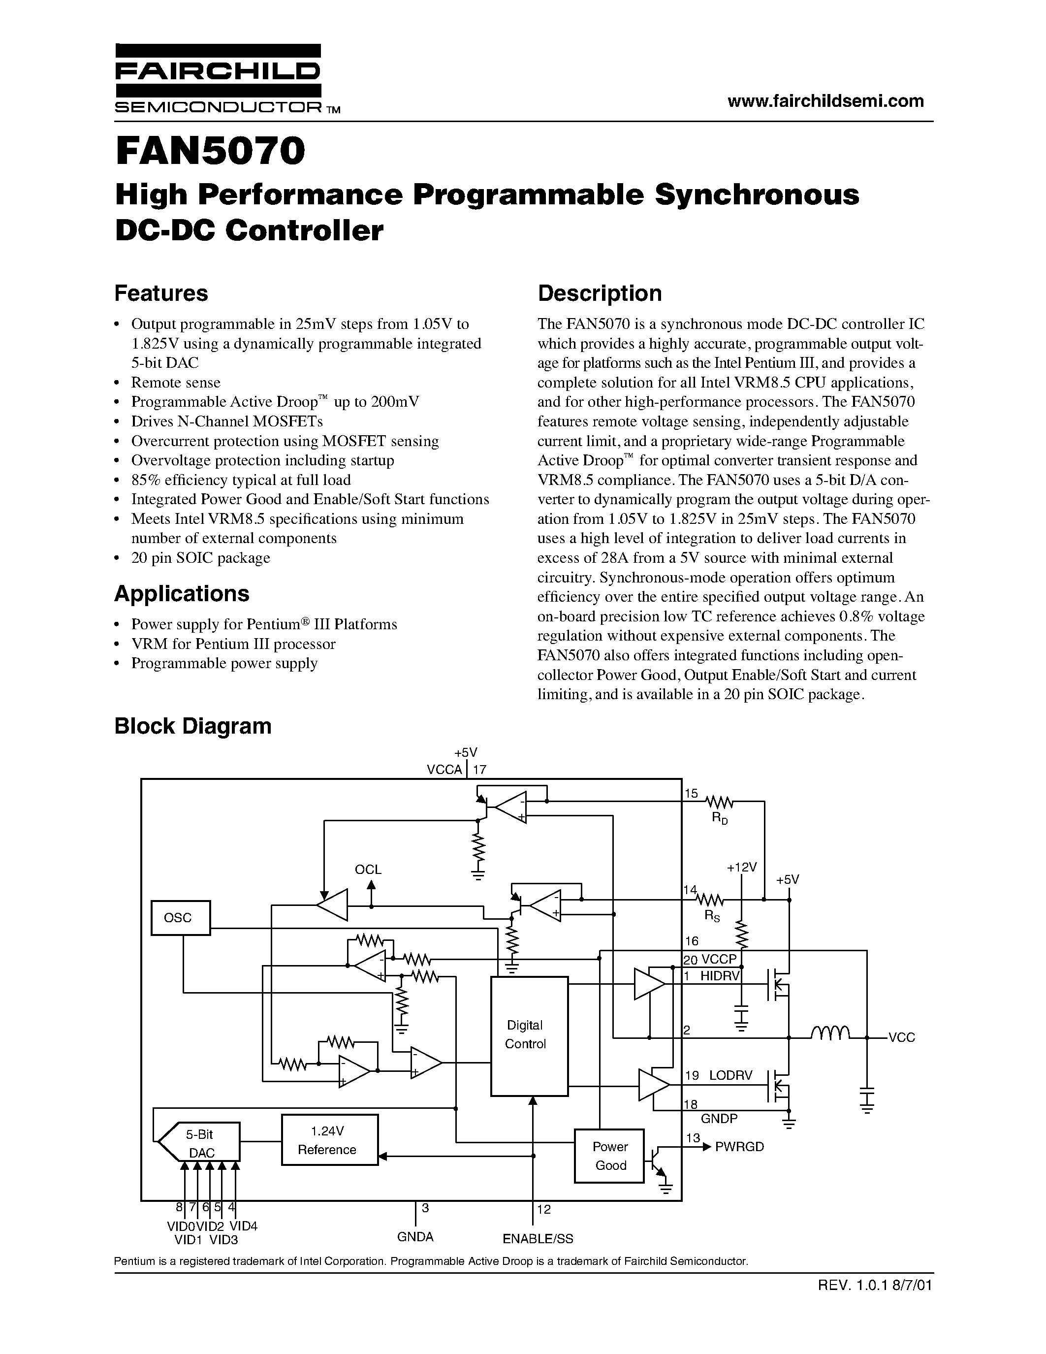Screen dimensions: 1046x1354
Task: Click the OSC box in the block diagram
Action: [x=180, y=918]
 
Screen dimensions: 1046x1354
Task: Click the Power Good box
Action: [x=610, y=1156]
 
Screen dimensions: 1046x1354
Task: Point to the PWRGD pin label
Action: [x=739, y=1146]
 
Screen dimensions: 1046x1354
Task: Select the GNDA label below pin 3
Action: [x=414, y=1237]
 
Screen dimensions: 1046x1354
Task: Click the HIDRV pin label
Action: [x=720, y=976]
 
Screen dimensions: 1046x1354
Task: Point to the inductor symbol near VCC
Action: [x=830, y=1032]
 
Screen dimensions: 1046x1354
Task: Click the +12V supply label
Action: [x=742, y=868]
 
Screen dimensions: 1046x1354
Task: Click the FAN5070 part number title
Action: [x=210, y=152]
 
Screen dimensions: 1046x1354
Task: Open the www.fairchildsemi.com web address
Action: [x=825, y=100]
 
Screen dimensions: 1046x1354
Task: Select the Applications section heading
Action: [x=182, y=593]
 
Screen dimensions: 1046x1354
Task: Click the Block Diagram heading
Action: [x=193, y=725]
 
